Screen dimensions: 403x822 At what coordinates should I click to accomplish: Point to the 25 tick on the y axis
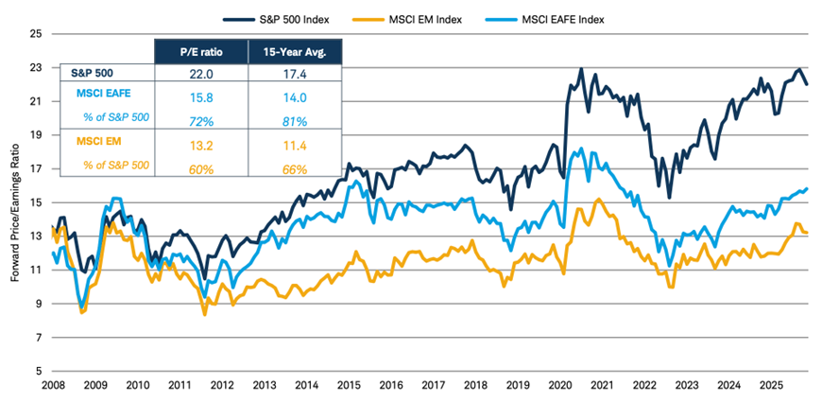(x=38, y=34)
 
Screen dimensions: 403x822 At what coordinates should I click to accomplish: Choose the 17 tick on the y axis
(x=38, y=168)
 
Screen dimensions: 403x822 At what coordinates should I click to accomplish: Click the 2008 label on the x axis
(x=54, y=386)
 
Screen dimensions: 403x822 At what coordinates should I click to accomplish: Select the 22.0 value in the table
(x=200, y=72)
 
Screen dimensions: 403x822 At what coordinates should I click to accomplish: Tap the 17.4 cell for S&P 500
(x=294, y=72)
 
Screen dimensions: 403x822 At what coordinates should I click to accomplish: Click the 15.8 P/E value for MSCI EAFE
(x=200, y=94)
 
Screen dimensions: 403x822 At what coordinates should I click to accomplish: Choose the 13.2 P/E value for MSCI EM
(x=200, y=146)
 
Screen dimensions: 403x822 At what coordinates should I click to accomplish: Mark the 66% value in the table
(x=294, y=166)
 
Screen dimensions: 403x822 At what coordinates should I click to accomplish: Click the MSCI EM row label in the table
(x=96, y=146)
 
